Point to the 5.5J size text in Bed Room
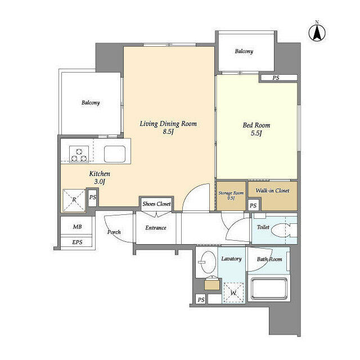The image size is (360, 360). [x=256, y=134]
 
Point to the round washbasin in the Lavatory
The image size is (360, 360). [x=206, y=262]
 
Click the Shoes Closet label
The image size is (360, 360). [x=156, y=204]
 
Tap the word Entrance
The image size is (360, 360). [x=156, y=228]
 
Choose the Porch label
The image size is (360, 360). [x=114, y=232]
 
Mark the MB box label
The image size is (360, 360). [x=76, y=227]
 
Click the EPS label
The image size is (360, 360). [x=76, y=242]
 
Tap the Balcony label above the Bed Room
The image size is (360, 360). [x=244, y=51]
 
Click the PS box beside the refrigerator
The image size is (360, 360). [x=93, y=197]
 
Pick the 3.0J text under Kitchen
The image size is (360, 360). [x=99, y=182]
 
